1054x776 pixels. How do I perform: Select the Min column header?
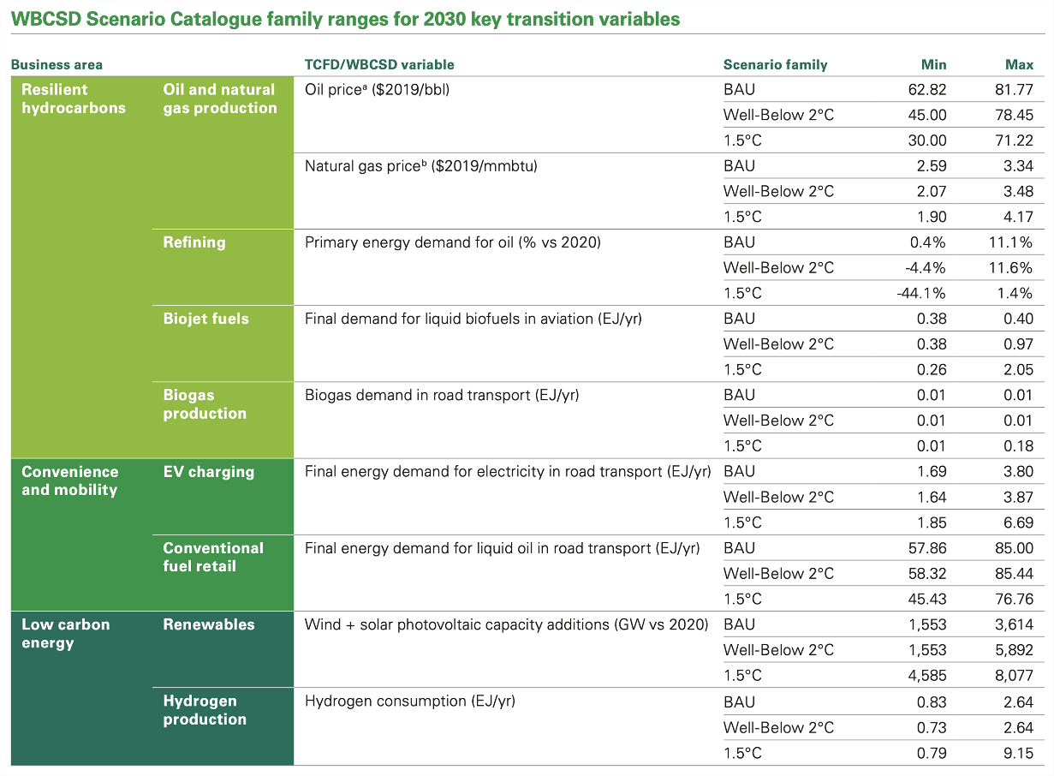tap(933, 64)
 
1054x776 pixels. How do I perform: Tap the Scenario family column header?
tap(775, 64)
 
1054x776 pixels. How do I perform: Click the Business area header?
tap(57, 64)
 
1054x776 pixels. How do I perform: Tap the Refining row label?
tap(194, 242)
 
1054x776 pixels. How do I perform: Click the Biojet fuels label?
tap(205, 319)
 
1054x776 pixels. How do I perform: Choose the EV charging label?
tap(208, 471)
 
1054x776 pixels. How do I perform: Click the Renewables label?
tap(208, 624)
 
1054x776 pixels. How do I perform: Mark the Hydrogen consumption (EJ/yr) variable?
tap(409, 701)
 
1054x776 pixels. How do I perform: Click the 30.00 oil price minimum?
tap(927, 140)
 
